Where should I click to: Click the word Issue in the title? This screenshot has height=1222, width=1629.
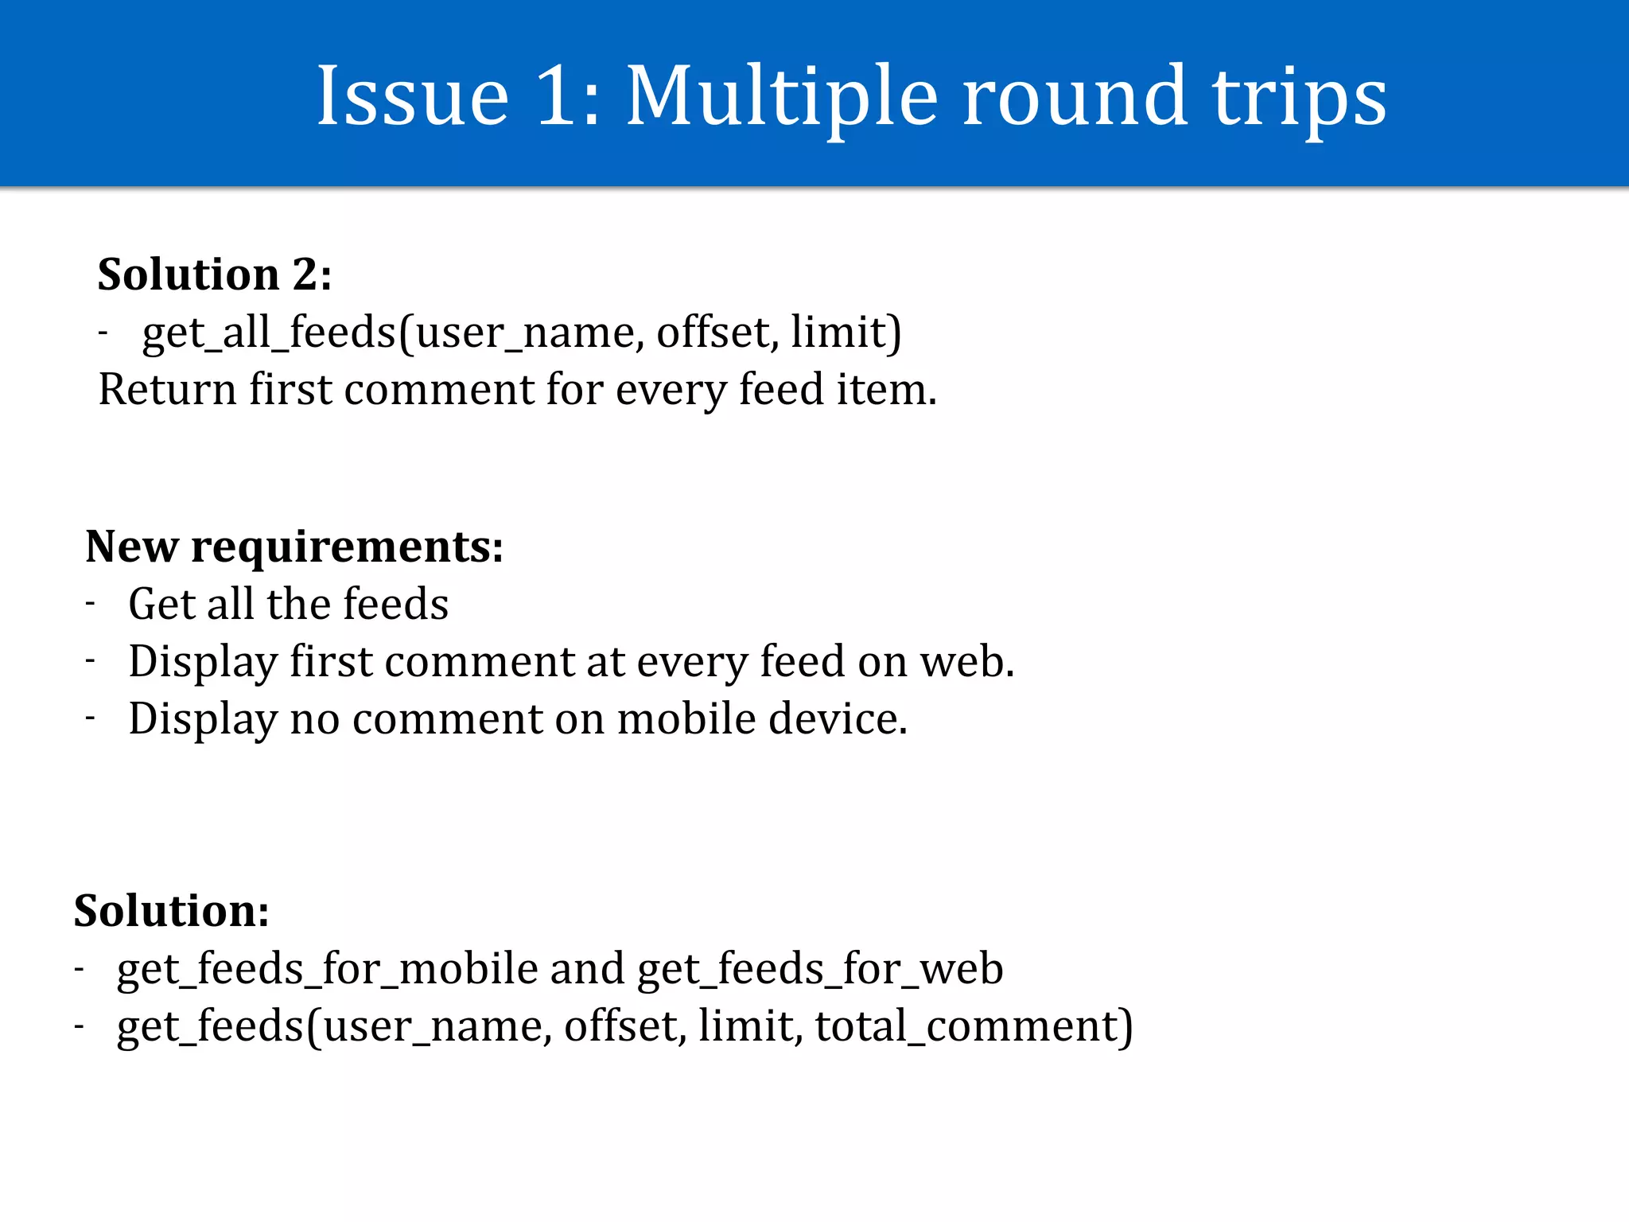[413, 96]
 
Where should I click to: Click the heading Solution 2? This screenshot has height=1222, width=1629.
[215, 274]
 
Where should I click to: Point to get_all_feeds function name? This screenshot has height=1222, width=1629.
[269, 332]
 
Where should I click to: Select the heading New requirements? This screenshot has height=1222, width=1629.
[294, 547]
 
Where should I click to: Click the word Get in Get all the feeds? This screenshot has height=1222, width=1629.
[161, 604]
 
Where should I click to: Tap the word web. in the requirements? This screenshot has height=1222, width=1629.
[967, 661]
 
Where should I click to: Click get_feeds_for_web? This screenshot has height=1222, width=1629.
[820, 969]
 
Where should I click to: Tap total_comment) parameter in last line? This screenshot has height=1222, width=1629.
[974, 1026]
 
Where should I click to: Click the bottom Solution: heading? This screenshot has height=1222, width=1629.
[171, 911]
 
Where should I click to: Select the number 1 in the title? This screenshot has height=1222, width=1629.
[556, 96]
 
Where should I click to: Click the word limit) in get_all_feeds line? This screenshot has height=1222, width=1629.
[846, 332]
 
